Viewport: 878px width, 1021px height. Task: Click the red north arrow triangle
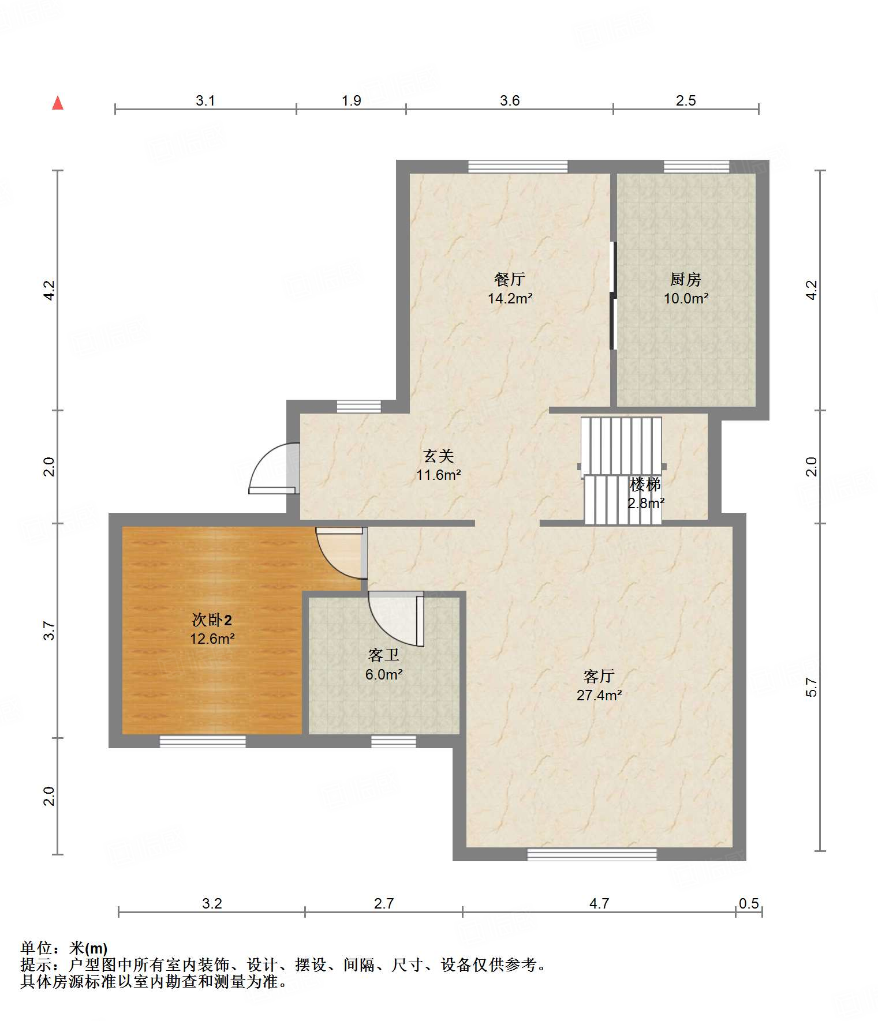click(58, 103)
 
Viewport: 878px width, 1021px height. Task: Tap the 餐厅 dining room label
click(510, 279)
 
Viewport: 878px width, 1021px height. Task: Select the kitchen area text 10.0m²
click(686, 298)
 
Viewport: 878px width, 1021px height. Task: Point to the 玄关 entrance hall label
click(439, 456)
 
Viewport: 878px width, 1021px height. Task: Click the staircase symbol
click(622, 471)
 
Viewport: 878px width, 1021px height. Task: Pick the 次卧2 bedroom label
click(212, 620)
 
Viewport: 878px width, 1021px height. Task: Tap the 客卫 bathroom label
click(384, 655)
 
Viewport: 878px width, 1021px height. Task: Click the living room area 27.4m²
click(599, 695)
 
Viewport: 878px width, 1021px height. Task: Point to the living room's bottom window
click(592, 854)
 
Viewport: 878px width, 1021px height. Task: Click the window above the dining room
click(518, 167)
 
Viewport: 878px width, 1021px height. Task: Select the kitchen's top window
click(696, 167)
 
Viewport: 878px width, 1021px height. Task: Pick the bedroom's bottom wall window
click(203, 741)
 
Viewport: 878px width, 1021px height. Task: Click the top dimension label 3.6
click(510, 100)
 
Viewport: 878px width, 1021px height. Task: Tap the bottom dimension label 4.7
click(599, 903)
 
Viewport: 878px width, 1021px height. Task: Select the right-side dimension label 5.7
click(812, 687)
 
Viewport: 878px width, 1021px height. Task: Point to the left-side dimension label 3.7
click(49, 630)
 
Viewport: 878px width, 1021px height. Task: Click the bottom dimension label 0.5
click(749, 903)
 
